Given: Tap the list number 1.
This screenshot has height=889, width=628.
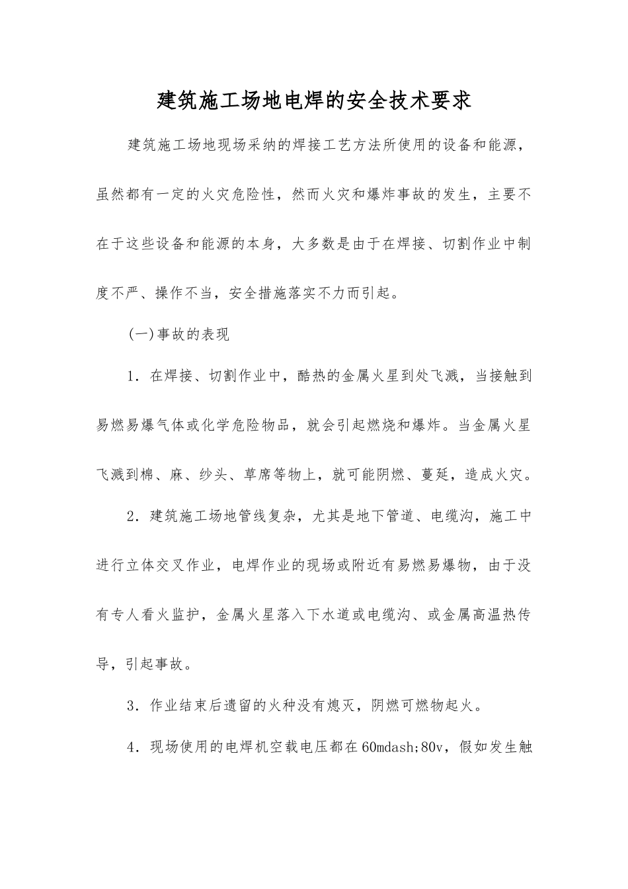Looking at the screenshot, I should pos(132,376).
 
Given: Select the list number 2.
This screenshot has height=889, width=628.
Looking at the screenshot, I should pos(132,516).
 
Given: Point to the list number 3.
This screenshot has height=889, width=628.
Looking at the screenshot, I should pos(132,705).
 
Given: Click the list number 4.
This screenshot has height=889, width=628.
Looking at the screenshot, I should pos(132,747).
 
